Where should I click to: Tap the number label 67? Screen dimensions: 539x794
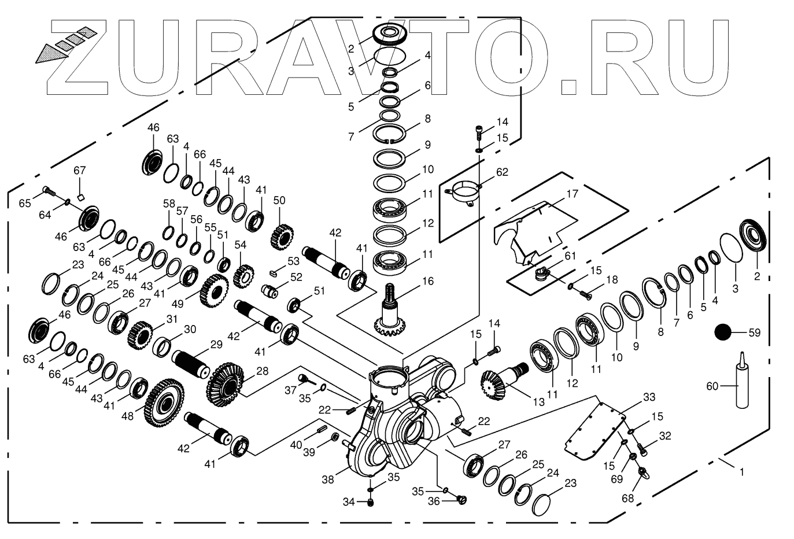(79, 171)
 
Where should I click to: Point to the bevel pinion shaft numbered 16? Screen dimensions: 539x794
(393, 313)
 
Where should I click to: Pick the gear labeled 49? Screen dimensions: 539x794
(214, 290)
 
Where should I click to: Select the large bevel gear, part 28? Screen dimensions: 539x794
(224, 384)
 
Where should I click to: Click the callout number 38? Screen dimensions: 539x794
(327, 479)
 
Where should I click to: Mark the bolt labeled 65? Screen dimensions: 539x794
(49, 190)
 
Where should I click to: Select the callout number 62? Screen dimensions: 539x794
(502, 172)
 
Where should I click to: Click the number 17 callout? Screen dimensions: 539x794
(572, 194)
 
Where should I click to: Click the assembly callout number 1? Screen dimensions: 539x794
(741, 472)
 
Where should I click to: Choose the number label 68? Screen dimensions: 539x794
(627, 498)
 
